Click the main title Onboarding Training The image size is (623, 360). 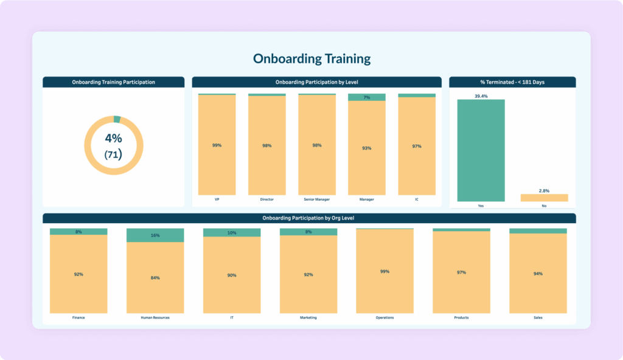311,59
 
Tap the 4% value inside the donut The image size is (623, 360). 113,138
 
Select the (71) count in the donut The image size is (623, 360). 113,154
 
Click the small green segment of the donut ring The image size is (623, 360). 117,119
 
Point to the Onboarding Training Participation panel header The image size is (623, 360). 113,82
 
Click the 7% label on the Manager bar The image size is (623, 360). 366,97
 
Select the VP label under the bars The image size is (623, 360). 217,199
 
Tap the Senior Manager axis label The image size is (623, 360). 316,199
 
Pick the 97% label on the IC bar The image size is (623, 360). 417,146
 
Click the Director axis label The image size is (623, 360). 266,199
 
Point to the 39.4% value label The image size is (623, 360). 481,95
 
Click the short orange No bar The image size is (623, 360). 544,198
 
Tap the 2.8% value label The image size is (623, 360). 544,190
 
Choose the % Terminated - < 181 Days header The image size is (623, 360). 512,82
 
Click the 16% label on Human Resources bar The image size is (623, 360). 155,235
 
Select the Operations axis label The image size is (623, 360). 385,317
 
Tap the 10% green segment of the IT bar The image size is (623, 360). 232,233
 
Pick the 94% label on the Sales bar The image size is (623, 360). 538,274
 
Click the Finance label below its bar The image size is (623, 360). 78,317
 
